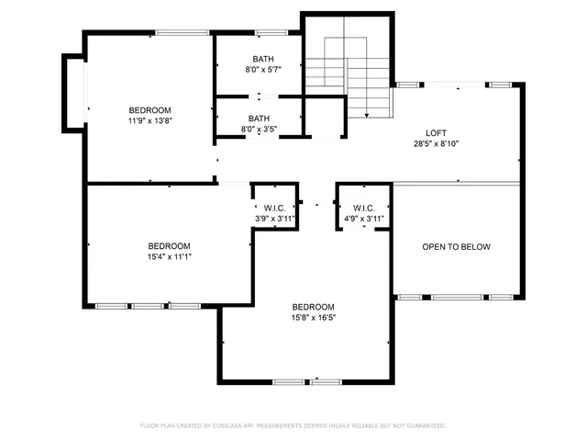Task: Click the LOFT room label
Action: pyautogui.click(x=436, y=132)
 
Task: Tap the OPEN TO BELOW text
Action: pyautogui.click(x=456, y=247)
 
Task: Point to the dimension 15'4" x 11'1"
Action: pyautogui.click(x=170, y=257)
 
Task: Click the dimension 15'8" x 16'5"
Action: pyautogui.click(x=313, y=318)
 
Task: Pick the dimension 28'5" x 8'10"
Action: pyautogui.click(x=436, y=143)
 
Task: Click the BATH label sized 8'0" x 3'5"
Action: pyautogui.click(x=259, y=119)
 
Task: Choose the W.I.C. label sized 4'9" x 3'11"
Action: pyautogui.click(x=364, y=208)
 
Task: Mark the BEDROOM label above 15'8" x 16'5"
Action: pyautogui.click(x=313, y=307)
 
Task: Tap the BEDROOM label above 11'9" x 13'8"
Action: pyautogui.click(x=149, y=109)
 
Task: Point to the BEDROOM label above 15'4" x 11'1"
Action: pyautogui.click(x=170, y=246)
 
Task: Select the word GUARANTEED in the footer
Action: pyautogui.click(x=424, y=426)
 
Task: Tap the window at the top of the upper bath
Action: pyautogui.click(x=268, y=34)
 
